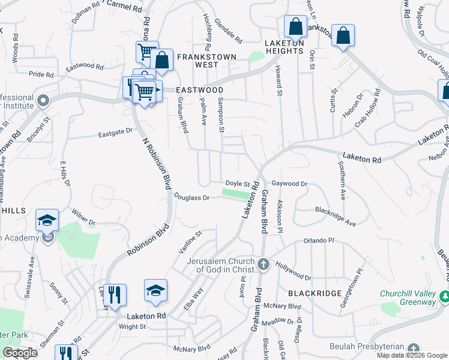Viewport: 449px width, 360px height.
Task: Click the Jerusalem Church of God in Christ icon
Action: (263, 265)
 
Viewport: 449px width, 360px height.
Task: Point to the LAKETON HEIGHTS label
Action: (285, 47)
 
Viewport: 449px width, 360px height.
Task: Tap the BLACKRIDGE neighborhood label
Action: (315, 293)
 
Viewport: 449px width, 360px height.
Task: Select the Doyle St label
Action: (237, 183)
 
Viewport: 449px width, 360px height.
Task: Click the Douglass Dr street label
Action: (192, 197)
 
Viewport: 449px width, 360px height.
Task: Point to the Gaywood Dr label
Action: (289, 184)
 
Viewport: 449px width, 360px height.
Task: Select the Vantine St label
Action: (190, 241)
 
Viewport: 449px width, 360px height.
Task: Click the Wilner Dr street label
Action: (83, 216)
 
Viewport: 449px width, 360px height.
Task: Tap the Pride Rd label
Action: (41, 74)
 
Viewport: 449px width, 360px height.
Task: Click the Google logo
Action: (20, 353)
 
